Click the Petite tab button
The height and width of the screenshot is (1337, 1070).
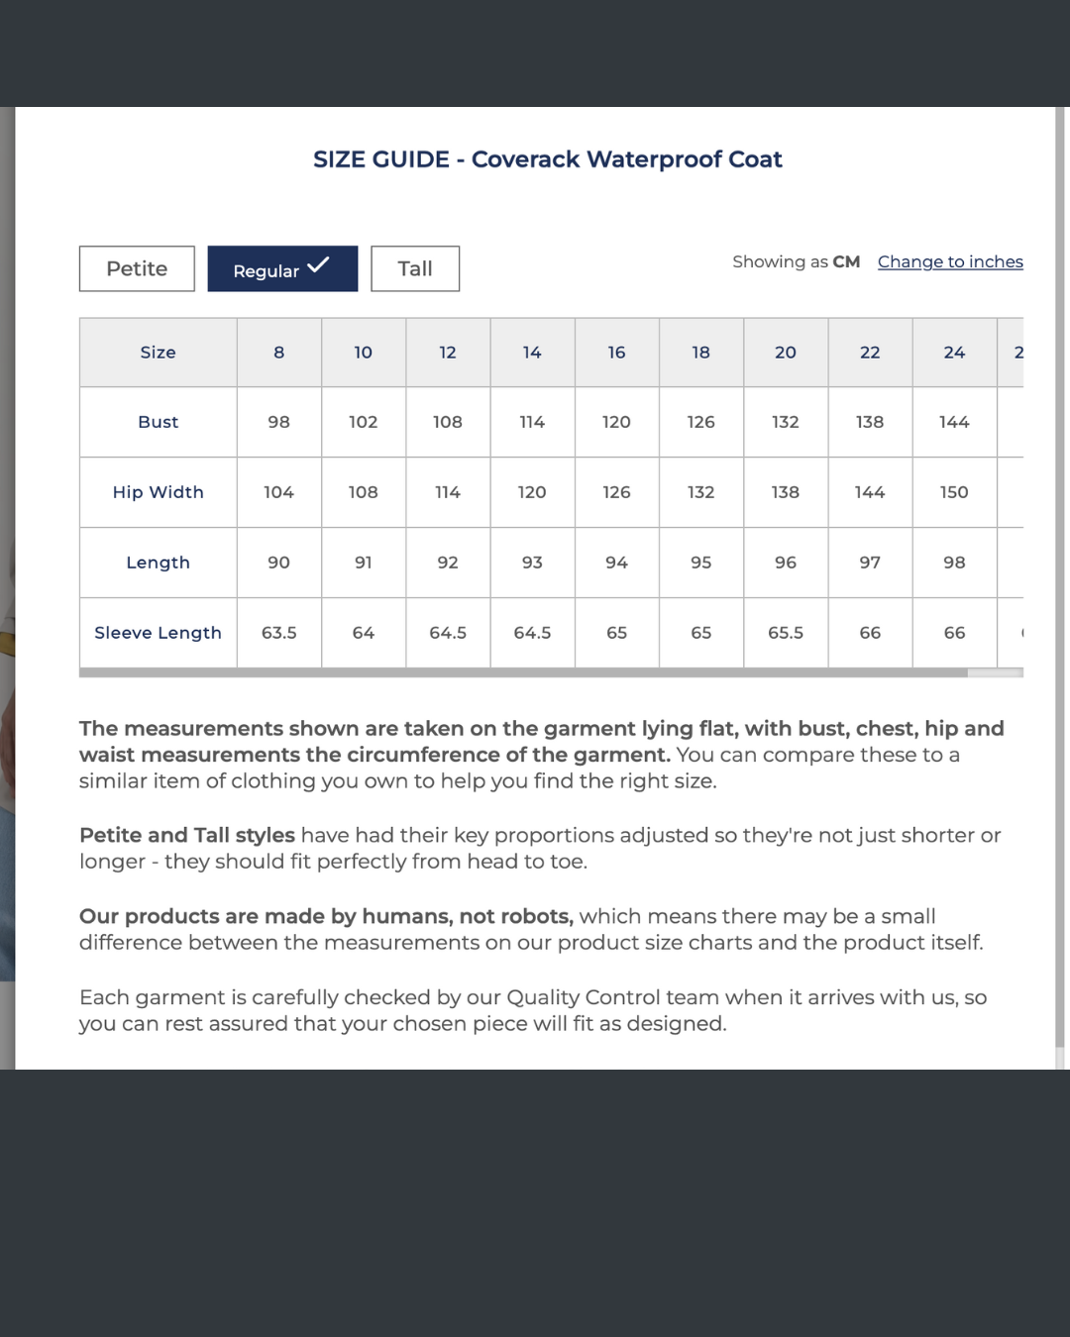pyautogui.click(x=137, y=268)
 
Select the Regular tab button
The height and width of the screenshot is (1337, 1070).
pyautogui.click(x=282, y=269)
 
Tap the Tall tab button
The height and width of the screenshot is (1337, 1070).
pyautogui.click(x=415, y=268)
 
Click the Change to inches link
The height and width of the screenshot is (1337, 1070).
pyautogui.click(x=950, y=261)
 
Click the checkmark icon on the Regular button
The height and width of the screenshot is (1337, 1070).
pyautogui.click(x=318, y=265)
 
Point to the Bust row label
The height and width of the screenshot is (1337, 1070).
pyautogui.click(x=159, y=422)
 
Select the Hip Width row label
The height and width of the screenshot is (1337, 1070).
pyautogui.click(x=159, y=492)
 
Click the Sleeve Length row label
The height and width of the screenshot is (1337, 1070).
pyautogui.click(x=159, y=633)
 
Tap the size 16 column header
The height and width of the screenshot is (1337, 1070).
pyautogui.click(x=616, y=353)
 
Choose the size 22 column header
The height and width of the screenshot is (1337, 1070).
pyautogui.click(x=870, y=353)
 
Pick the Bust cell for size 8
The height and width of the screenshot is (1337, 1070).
pyautogui.click(x=279, y=422)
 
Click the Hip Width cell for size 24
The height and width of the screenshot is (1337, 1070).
pyautogui.click(x=954, y=492)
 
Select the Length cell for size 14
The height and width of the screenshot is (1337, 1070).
pyautogui.click(x=532, y=563)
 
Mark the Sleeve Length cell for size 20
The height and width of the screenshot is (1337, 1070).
pyautogui.click(x=786, y=633)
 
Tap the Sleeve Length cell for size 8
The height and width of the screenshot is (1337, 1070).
pyautogui.click(x=279, y=633)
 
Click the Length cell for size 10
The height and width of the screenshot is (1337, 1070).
pyautogui.click(x=364, y=563)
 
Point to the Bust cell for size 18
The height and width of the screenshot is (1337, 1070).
pyautogui.click(x=701, y=422)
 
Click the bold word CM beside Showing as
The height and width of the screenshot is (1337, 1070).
pyautogui.click(x=846, y=261)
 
